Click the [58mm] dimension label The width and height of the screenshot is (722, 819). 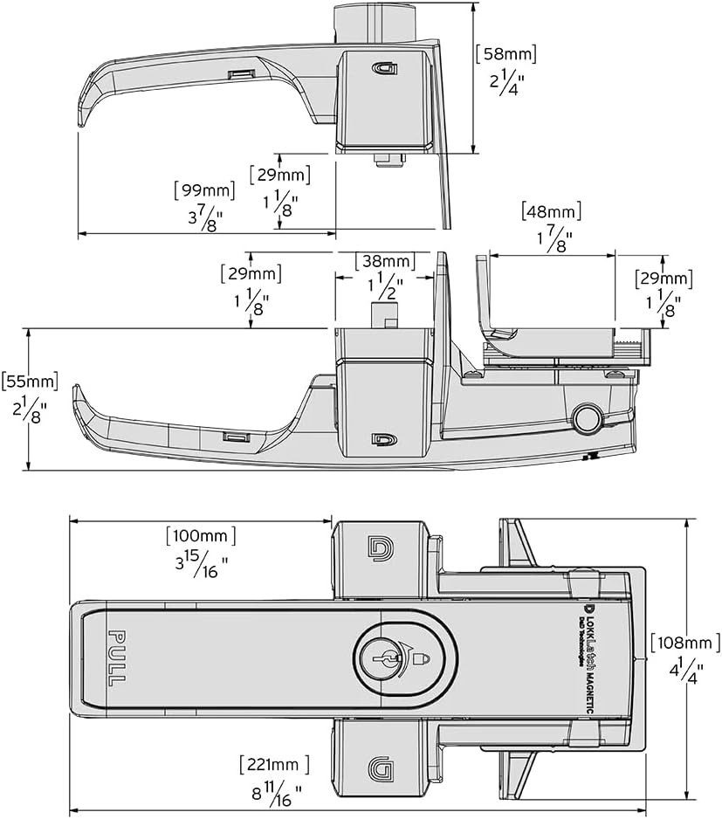click(505, 53)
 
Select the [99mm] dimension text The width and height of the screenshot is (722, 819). click(205, 189)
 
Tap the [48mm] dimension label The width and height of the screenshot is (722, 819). click(551, 211)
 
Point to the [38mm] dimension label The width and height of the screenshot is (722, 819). click(385, 261)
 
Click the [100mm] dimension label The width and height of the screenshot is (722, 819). click(201, 534)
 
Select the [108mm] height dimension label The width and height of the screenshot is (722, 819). click(680, 643)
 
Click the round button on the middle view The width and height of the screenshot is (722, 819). click(587, 420)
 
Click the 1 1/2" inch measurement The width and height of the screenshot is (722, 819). click(384, 286)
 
